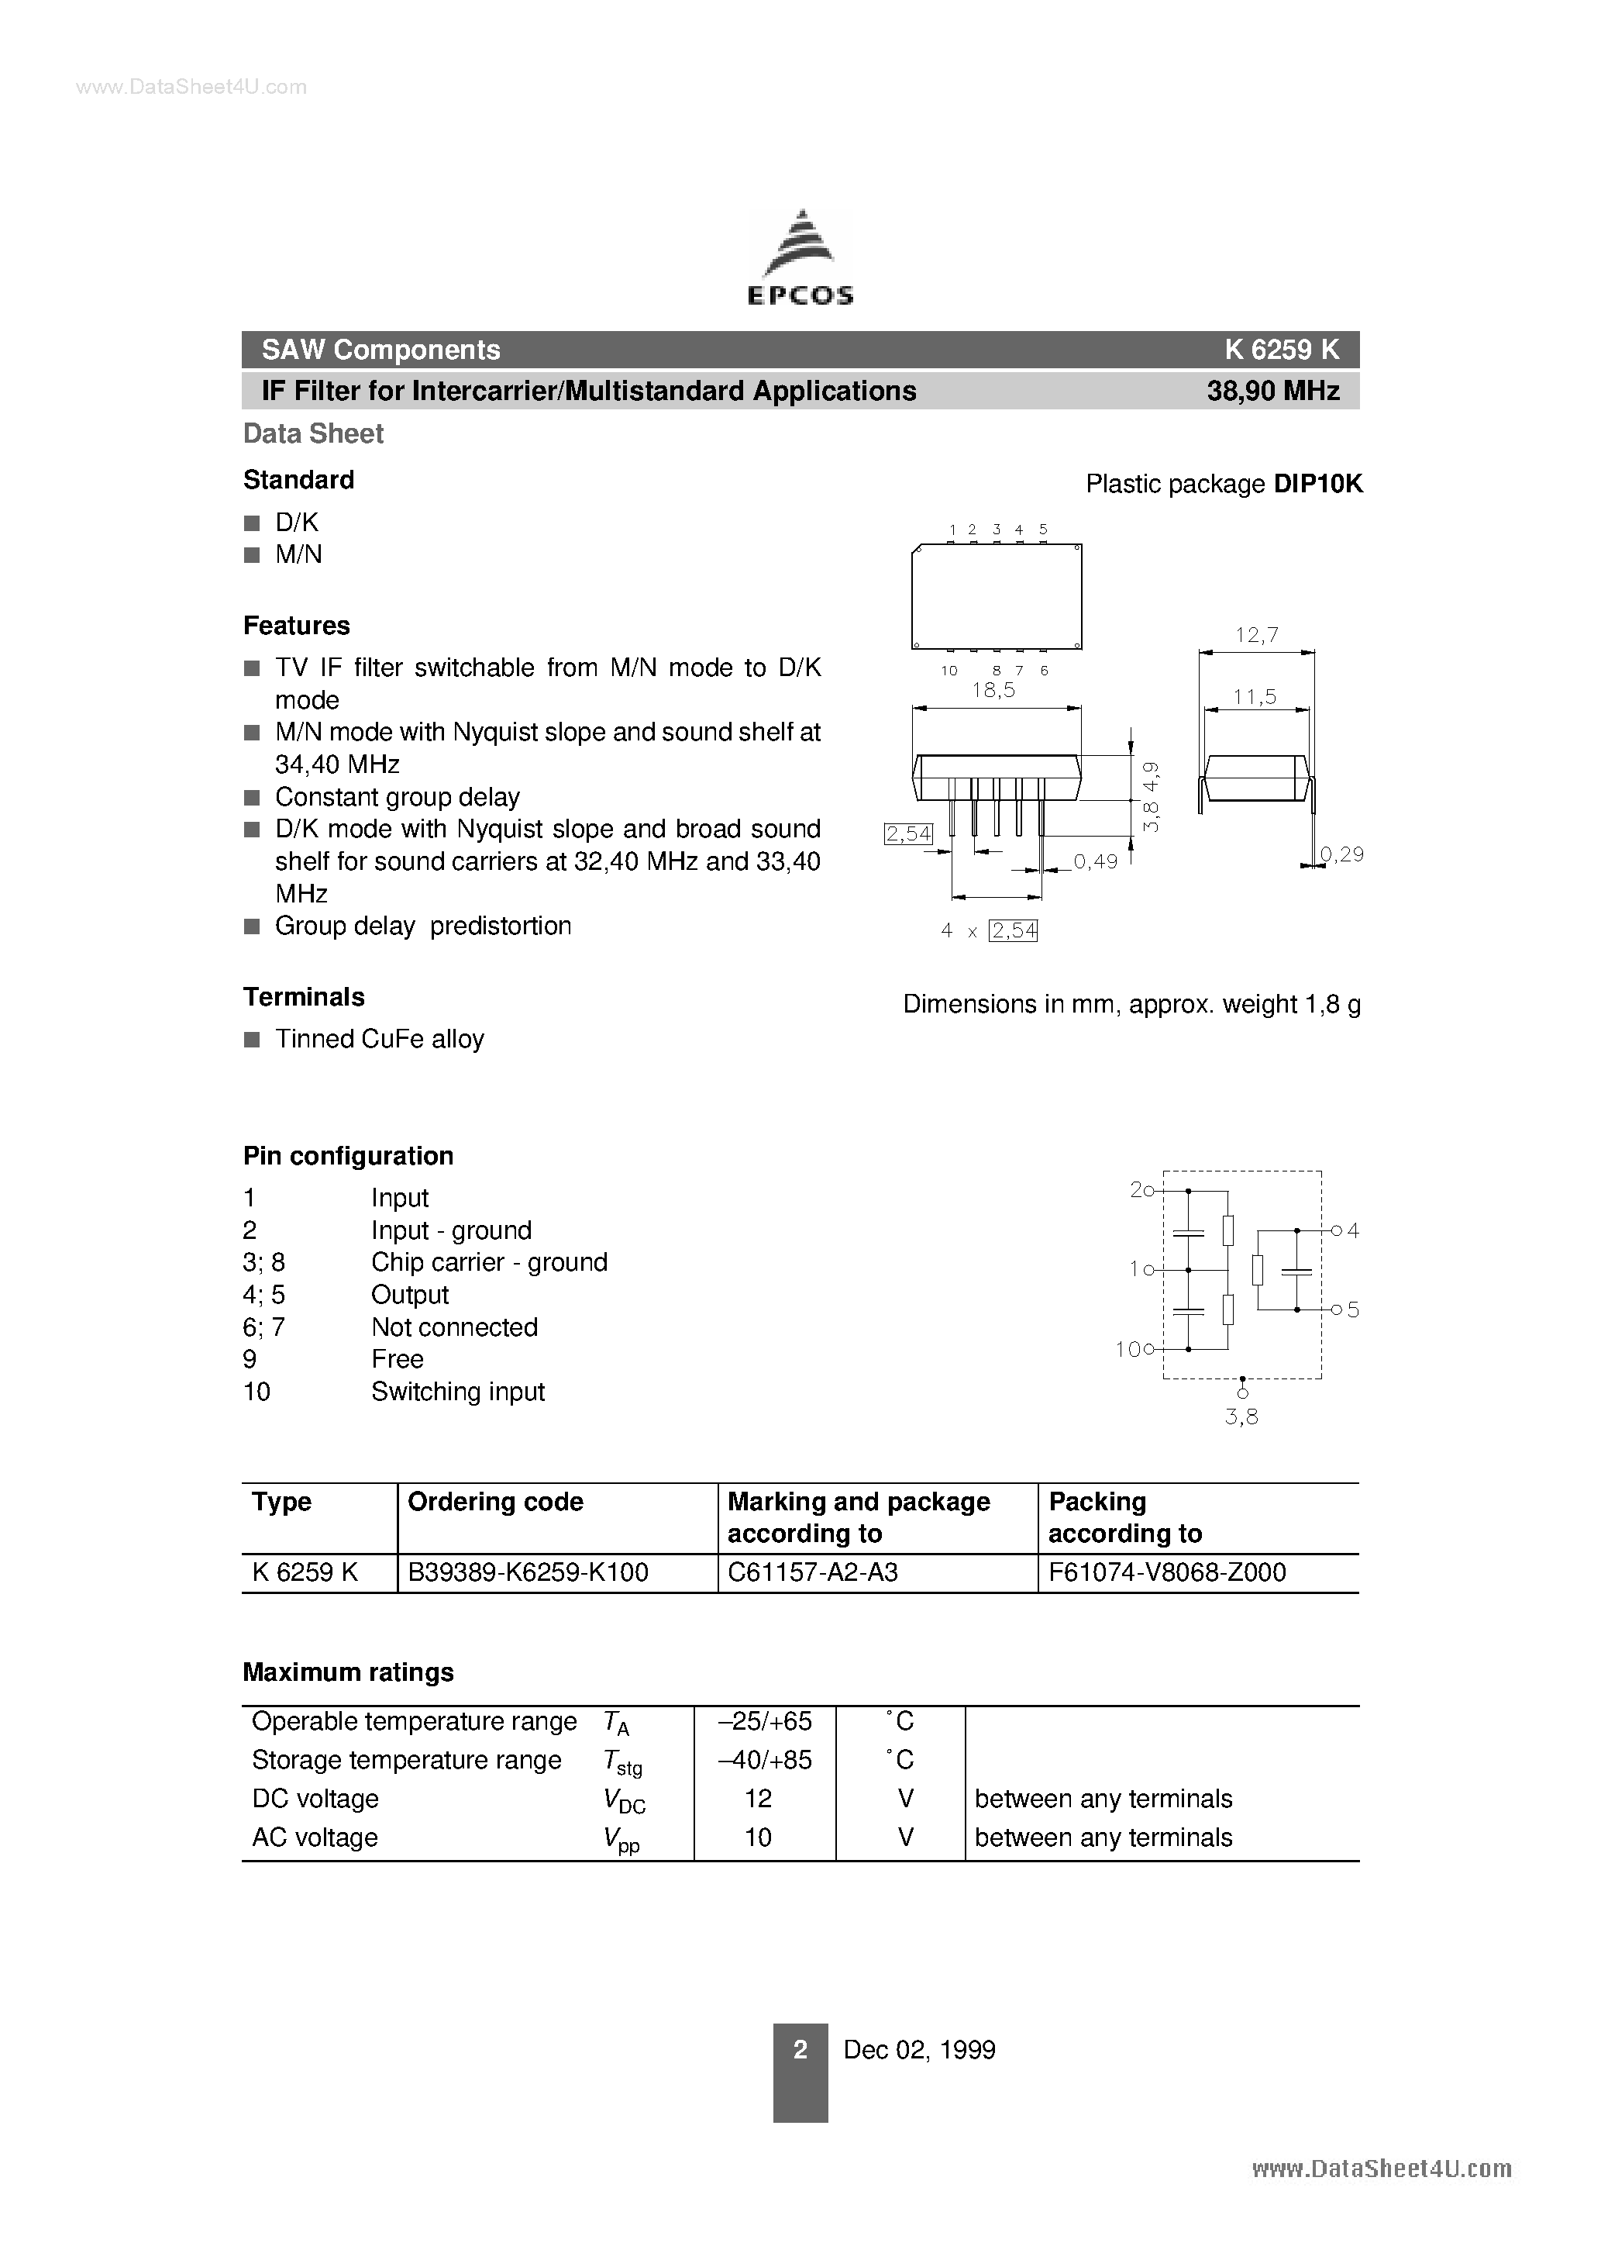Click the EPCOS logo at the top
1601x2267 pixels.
pyautogui.click(x=800, y=257)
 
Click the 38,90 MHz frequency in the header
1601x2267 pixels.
pyautogui.click(x=1272, y=391)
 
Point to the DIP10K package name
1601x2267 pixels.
pyautogui.click(x=1317, y=484)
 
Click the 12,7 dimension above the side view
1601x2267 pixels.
pyautogui.click(x=1256, y=635)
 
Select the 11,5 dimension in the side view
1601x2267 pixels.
pyautogui.click(x=1255, y=697)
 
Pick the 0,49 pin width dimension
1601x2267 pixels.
pyautogui.click(x=1095, y=861)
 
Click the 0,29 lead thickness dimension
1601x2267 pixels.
pyautogui.click(x=1341, y=854)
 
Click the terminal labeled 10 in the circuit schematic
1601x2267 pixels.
pyautogui.click(x=1135, y=1349)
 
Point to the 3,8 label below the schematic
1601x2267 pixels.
pyautogui.click(x=1241, y=1417)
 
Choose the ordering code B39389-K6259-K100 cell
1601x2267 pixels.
pyautogui.click(x=528, y=1573)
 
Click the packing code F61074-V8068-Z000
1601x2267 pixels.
pyautogui.click(x=1167, y=1573)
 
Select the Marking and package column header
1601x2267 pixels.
pyautogui.click(x=858, y=1517)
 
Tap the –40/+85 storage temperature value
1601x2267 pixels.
pyautogui.click(x=765, y=1759)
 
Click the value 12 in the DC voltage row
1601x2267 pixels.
pyautogui.click(x=758, y=1798)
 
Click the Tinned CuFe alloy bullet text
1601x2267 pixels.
pyautogui.click(x=379, y=1039)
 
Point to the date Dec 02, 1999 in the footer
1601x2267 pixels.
pyautogui.click(x=919, y=2050)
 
